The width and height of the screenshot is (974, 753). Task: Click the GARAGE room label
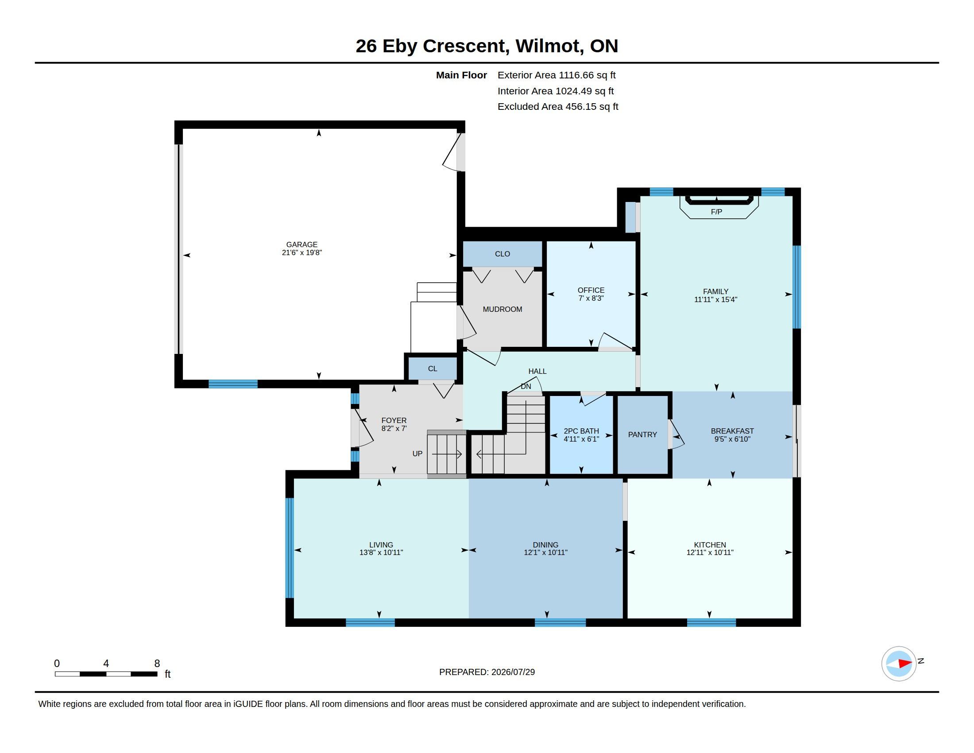(301, 245)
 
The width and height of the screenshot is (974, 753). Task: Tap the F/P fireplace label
(716, 212)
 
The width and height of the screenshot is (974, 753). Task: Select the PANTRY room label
(642, 435)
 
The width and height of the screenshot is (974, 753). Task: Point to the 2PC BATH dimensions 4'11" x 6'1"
(581, 439)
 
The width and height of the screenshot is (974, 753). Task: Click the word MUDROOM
(502, 309)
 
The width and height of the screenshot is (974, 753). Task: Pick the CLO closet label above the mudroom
(502, 254)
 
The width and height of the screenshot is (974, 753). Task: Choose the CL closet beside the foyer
(433, 369)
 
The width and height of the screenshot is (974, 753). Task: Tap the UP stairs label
(417, 454)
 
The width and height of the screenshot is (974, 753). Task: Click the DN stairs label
(526, 386)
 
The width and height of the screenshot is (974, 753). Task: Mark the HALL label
(537, 371)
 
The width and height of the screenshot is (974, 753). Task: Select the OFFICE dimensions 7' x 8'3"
(591, 298)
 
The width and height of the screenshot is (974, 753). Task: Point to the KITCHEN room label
(710, 545)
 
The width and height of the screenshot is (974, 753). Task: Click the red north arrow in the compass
(905, 664)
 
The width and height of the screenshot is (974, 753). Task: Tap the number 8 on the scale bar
(157, 664)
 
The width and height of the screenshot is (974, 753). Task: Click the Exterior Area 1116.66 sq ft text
(557, 75)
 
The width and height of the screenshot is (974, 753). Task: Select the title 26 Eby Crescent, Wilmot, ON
(487, 46)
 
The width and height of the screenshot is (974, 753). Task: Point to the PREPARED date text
(487, 672)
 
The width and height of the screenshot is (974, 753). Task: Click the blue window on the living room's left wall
(290, 547)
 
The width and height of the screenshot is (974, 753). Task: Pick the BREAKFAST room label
(732, 431)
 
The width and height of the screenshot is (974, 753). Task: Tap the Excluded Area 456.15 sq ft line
(558, 107)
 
